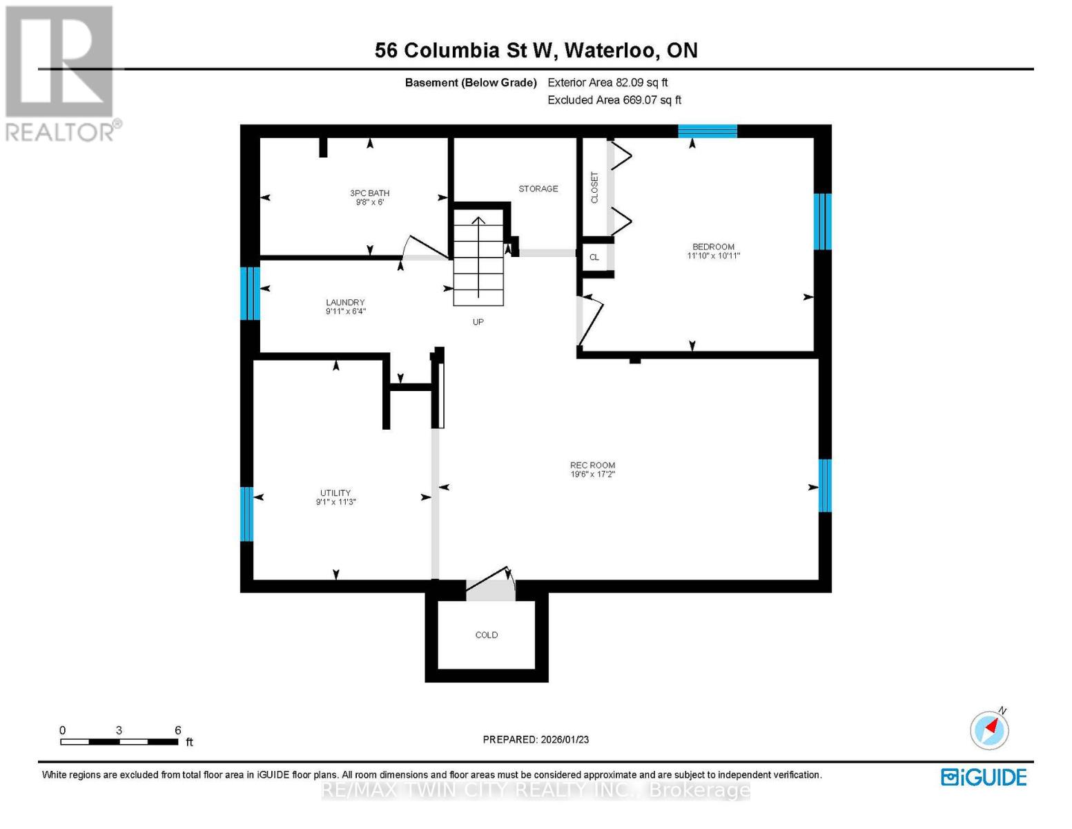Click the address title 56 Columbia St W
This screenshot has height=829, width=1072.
536,50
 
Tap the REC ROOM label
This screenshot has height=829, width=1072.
592,466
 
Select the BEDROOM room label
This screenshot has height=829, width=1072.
713,247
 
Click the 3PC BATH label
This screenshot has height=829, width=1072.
369,193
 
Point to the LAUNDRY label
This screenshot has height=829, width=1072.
345,303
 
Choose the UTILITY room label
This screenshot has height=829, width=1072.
335,493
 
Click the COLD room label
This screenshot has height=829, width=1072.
486,635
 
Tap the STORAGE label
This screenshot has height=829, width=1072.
538,189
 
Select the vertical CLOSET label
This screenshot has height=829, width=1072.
594,188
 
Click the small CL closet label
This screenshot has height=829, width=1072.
594,258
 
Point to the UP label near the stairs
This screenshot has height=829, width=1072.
478,322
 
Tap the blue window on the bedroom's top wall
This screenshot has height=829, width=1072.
708,131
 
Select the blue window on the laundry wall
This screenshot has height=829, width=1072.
250,294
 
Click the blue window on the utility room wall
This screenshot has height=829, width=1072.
247,514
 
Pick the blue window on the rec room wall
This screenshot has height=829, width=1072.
825,486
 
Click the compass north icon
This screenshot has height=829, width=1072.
990,730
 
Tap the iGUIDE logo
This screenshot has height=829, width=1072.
984,777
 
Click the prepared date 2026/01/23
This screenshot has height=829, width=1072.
536,739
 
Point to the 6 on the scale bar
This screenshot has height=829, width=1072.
177,730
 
